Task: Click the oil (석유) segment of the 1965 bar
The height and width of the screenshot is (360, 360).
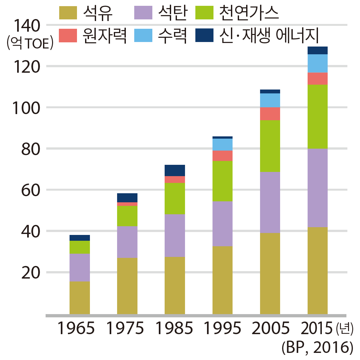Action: click(x=80, y=297)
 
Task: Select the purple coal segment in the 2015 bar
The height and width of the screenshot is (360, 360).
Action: click(x=318, y=188)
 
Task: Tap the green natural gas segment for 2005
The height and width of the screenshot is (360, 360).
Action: click(x=270, y=146)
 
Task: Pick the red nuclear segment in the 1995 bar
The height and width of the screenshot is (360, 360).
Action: click(x=223, y=155)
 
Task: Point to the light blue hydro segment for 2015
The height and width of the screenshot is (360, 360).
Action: click(x=318, y=63)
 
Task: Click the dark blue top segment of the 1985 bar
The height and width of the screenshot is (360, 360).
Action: click(x=175, y=170)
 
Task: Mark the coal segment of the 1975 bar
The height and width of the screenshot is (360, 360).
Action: click(x=127, y=242)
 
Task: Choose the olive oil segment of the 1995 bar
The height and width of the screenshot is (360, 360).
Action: click(x=223, y=280)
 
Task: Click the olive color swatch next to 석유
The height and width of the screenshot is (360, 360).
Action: click(x=68, y=13)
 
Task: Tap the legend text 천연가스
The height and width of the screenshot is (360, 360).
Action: click(x=249, y=13)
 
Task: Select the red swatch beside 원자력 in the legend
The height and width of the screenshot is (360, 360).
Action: click(x=68, y=36)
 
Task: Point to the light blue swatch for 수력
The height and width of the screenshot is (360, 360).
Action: click(x=143, y=36)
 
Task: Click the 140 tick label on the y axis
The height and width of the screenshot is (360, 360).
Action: click(x=26, y=26)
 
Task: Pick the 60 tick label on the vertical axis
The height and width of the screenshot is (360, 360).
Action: click(x=31, y=190)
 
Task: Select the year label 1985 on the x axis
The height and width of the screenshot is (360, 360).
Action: click(x=174, y=329)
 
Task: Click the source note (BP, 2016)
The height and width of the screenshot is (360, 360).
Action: click(x=317, y=348)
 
